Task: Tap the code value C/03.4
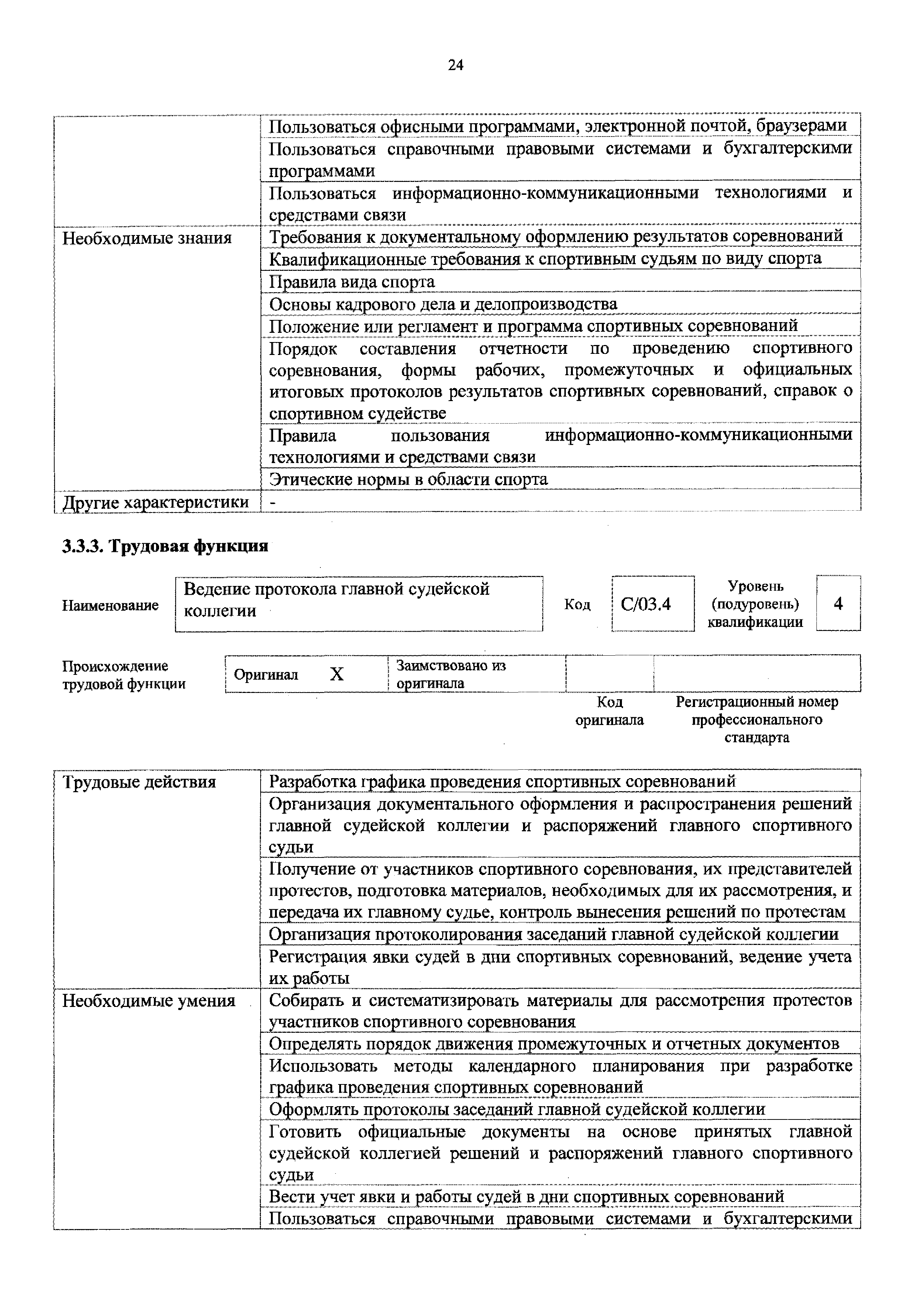click(x=646, y=604)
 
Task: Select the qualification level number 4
click(x=838, y=604)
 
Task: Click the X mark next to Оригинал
click(x=337, y=674)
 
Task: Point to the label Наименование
click(x=110, y=605)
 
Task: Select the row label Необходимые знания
click(x=147, y=238)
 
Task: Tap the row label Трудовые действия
click(x=139, y=782)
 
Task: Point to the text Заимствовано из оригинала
click(x=451, y=674)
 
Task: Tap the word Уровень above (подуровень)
click(x=756, y=586)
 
